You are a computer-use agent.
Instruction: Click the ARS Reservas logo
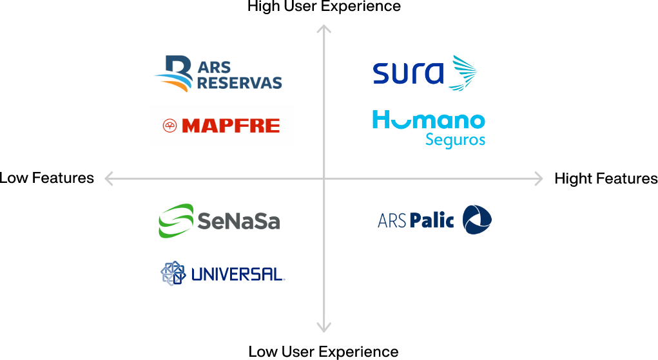pos(218,73)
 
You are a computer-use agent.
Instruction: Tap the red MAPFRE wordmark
pos(231,126)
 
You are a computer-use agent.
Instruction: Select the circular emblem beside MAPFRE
pos(169,126)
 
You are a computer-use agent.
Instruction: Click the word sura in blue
pos(408,73)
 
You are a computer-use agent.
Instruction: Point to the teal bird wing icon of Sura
pos(463,73)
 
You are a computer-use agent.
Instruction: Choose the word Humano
pos(429,120)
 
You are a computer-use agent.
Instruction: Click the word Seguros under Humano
pos(455,140)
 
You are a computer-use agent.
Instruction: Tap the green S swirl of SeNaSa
pos(176,221)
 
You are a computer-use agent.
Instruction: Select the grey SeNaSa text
pos(238,221)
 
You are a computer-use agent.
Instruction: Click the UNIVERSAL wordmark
pos(238,274)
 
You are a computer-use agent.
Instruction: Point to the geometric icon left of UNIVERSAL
pos(173,273)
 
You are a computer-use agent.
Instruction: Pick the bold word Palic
pos(432,220)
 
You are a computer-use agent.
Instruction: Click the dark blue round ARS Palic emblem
pos(477,220)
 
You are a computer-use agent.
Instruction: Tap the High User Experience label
pos(324,6)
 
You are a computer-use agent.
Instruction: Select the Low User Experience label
pos(324,352)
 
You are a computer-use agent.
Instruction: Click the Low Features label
pos(46,178)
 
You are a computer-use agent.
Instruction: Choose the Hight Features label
pos(606,179)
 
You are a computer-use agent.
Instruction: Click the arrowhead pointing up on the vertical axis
pos(324,28)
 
